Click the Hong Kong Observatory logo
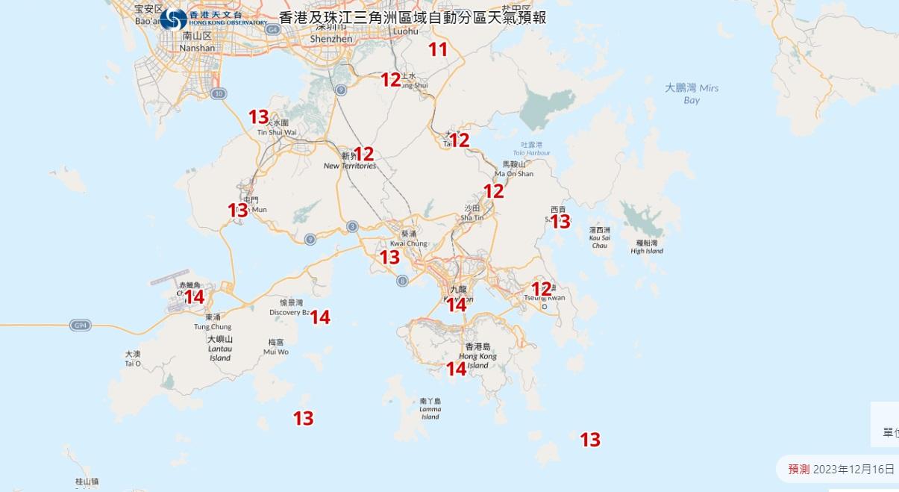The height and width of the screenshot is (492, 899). click(x=173, y=19)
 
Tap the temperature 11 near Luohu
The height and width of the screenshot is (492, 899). click(x=438, y=50)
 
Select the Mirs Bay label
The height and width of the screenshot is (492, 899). click(x=692, y=93)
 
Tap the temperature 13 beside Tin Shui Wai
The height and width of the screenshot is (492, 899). click(x=258, y=117)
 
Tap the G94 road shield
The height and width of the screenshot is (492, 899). click(x=80, y=326)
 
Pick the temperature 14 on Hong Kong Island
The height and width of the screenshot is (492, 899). click(x=456, y=369)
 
